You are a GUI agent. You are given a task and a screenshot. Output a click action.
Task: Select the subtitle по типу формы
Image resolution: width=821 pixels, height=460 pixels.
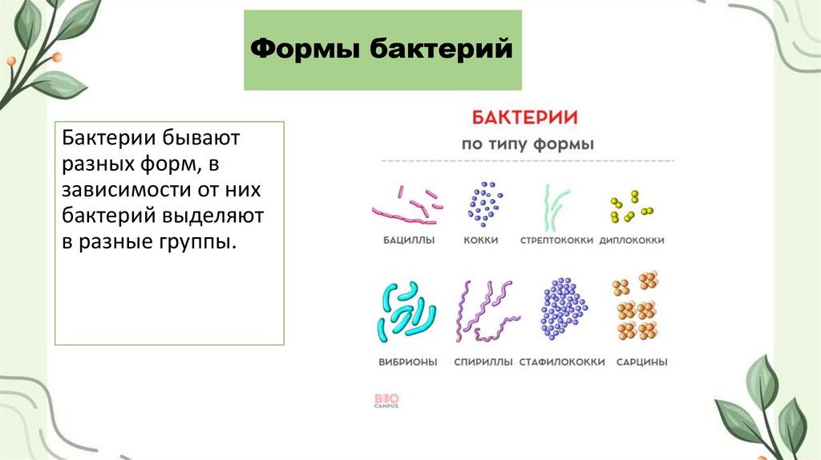coord(527,145)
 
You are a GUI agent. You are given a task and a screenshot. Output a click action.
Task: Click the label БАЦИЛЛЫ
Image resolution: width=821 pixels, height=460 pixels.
coord(408,240)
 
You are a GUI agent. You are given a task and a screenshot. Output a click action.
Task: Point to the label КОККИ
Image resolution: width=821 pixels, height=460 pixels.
coord(481,240)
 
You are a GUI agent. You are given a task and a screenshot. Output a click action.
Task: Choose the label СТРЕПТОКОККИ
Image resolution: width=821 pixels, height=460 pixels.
coord(556,240)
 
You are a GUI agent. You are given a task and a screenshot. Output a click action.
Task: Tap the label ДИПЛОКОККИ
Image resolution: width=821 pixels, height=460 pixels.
coord(632,240)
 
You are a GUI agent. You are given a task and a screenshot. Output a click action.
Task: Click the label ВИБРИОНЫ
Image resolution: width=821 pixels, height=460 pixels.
coord(408,362)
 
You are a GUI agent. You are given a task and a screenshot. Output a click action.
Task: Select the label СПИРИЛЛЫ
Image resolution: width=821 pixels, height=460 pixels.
coord(483,362)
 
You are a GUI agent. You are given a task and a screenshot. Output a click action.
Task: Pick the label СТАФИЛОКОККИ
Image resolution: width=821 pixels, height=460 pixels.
coord(562,362)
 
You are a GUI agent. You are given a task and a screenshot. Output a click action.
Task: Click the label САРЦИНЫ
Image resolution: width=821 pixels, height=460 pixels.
coord(641,362)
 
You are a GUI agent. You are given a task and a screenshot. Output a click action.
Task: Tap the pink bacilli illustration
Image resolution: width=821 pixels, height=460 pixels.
coord(409,206)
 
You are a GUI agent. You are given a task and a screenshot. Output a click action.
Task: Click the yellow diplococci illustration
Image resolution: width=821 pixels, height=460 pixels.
coord(630,208)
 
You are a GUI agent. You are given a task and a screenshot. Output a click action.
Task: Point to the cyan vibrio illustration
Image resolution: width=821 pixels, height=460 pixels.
coord(406,312)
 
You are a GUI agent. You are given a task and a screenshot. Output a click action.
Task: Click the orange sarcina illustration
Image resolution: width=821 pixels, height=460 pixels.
coord(635,308)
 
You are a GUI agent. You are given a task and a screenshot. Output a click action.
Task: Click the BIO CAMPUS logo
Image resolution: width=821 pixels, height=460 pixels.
coord(386,400)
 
